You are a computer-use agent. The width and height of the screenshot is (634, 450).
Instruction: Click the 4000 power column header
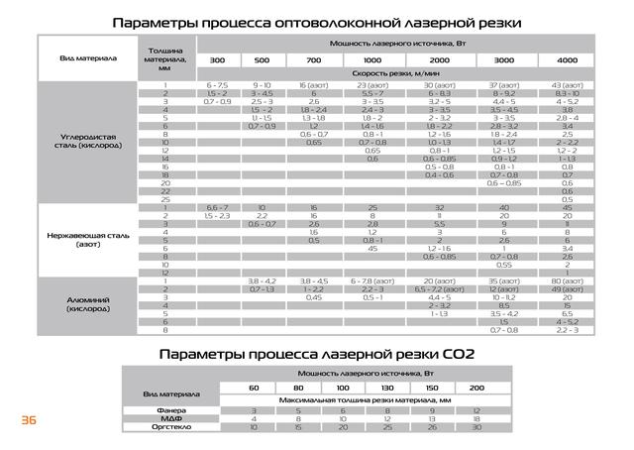click(x=568, y=61)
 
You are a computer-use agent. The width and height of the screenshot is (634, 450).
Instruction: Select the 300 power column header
click(x=217, y=61)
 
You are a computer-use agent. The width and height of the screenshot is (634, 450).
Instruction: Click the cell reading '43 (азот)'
click(x=568, y=87)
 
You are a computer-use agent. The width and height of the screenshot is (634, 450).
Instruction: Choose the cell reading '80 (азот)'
click(x=568, y=281)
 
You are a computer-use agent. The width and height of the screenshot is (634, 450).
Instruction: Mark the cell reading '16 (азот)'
click(x=314, y=87)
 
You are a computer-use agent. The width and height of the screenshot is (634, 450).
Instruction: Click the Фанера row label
click(x=170, y=409)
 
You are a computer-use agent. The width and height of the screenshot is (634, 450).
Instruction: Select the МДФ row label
click(x=170, y=418)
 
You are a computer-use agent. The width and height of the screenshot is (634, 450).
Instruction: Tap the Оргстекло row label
click(x=170, y=427)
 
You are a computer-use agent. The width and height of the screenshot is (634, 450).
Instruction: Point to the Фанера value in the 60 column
click(x=254, y=409)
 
